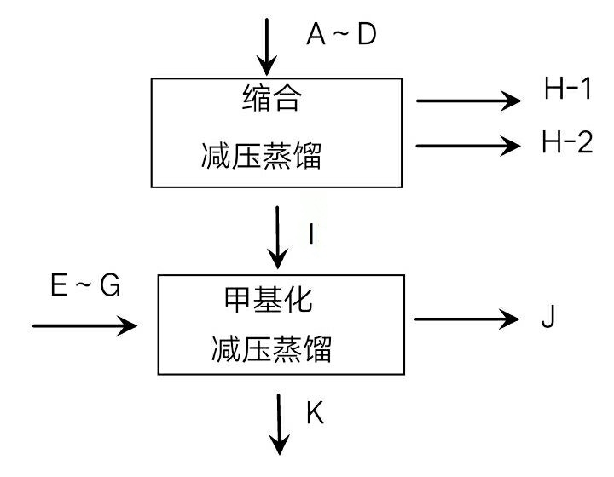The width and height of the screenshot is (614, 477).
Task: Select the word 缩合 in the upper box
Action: [x=271, y=100]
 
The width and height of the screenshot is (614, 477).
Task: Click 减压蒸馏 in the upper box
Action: [x=262, y=156]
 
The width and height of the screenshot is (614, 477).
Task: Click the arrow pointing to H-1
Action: [x=468, y=101]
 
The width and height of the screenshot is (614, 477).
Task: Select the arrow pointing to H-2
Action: [x=468, y=146]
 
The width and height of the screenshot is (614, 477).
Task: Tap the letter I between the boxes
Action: [x=312, y=234]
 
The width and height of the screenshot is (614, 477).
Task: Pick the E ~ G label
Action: [x=85, y=287]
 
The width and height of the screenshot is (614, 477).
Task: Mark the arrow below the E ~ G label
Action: [x=84, y=325]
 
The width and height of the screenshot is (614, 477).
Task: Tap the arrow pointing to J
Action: [x=468, y=321]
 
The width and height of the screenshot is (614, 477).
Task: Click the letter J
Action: [x=548, y=318]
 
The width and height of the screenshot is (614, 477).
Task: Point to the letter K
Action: [x=315, y=414]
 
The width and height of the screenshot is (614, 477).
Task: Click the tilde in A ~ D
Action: [x=341, y=35]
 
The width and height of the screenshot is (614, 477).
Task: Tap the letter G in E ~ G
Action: [x=111, y=287]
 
